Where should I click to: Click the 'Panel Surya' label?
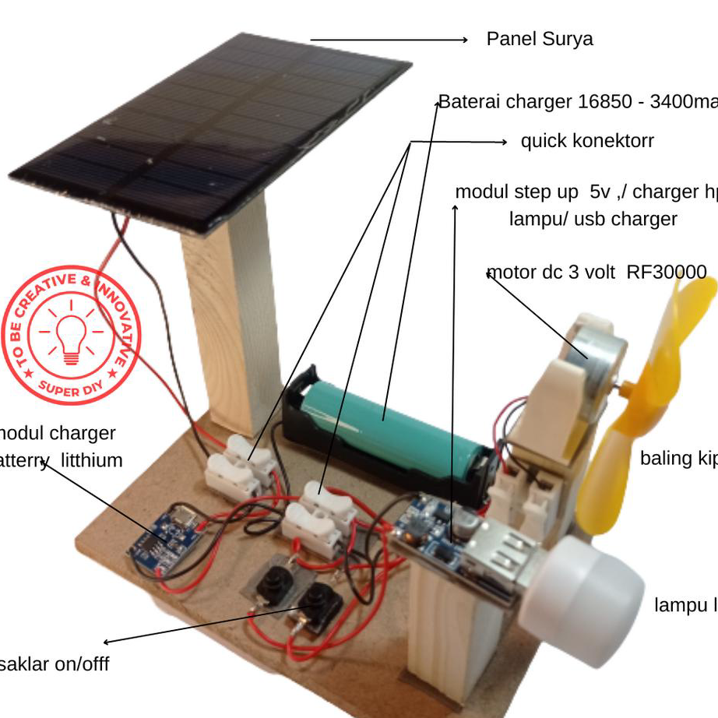click(539, 39)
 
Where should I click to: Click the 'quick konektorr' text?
click(587, 141)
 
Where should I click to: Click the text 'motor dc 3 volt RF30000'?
click(597, 273)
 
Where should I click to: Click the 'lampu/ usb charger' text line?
click(593, 219)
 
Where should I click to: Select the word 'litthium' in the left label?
click(91, 460)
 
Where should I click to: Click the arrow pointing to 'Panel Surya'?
click(389, 40)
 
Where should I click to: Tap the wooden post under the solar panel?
click(234, 327)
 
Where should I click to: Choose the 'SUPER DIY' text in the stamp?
click(70, 387)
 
